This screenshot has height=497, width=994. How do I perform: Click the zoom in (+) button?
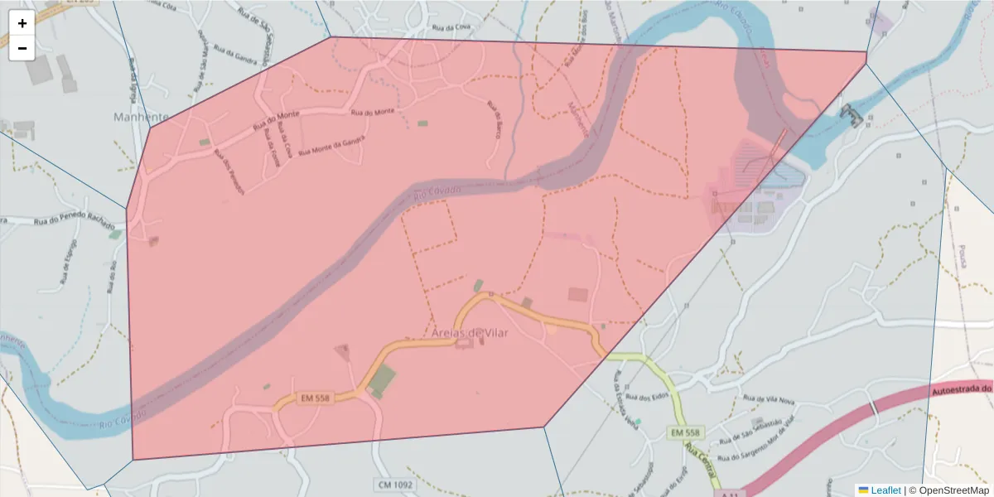22,23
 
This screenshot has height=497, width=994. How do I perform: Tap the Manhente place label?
141,118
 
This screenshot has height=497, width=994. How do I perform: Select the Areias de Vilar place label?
469,332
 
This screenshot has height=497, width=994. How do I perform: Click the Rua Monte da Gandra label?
329,147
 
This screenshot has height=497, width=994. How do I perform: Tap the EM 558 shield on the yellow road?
686,432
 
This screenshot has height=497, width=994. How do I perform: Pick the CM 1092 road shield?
394,484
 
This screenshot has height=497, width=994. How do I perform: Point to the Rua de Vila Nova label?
770,400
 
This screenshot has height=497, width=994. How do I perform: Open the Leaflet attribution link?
885,490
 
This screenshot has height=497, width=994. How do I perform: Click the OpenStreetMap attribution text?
953,490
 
